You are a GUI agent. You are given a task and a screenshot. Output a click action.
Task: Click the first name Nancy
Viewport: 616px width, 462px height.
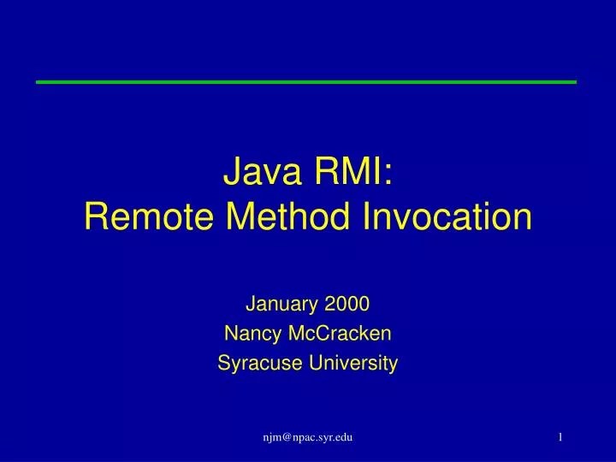click(247, 333)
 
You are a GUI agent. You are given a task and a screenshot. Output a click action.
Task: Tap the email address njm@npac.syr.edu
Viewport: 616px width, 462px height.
click(308, 437)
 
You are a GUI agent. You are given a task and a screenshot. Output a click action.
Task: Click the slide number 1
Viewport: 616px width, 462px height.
click(560, 437)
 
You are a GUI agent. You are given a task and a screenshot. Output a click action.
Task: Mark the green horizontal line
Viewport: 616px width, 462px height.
click(306, 81)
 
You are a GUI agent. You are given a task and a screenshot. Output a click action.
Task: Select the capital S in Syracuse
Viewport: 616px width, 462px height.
click(223, 364)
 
